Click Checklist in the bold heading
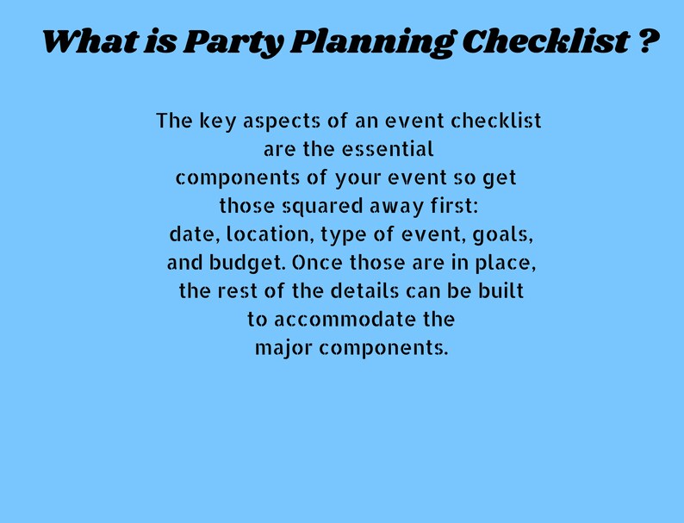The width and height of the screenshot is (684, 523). tap(544, 40)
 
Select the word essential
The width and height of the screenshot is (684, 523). tap(388, 149)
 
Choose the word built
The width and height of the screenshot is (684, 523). tap(500, 291)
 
